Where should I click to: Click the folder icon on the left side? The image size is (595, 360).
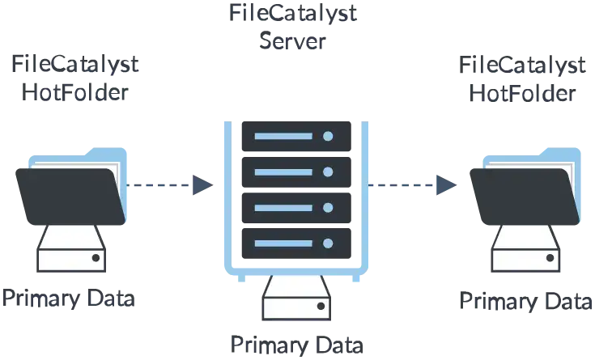(71, 188)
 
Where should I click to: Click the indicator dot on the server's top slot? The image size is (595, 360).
(328, 136)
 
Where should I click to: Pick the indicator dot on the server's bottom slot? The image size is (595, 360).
(328, 244)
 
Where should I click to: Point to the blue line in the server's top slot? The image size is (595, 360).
(278, 136)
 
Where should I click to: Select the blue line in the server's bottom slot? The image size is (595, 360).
(278, 244)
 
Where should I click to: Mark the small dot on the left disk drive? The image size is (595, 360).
(96, 258)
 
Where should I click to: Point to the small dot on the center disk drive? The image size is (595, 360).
(321, 307)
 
